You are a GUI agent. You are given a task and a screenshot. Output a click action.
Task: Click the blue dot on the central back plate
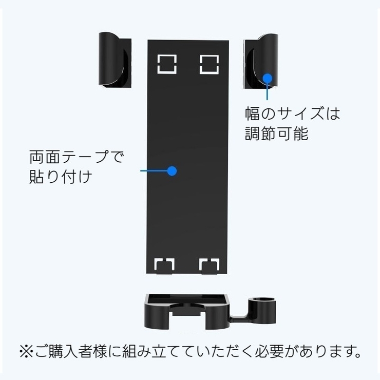click(x=172, y=171)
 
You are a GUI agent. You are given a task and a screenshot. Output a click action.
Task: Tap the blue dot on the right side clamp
click(x=268, y=78)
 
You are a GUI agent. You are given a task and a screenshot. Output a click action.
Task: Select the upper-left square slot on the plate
click(x=167, y=64)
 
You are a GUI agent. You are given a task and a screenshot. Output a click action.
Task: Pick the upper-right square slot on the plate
click(x=209, y=65)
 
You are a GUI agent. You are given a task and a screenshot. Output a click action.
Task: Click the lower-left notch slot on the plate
click(x=164, y=265)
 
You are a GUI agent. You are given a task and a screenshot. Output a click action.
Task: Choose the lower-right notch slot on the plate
click(x=209, y=265)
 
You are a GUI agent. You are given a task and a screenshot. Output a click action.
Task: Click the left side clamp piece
click(x=115, y=60)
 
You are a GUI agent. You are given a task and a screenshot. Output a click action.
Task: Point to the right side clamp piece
click(x=261, y=62)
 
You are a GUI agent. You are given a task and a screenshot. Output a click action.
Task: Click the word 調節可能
click(x=276, y=134)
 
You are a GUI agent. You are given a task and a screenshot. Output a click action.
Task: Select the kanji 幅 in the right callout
click(x=253, y=113)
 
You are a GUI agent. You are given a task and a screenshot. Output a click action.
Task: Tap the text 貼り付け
click(x=61, y=177)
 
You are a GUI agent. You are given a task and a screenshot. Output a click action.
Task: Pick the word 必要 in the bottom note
click(x=269, y=351)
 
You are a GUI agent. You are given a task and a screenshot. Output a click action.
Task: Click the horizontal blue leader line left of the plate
click(x=154, y=171)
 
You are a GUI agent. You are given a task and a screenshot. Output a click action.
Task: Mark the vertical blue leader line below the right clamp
click(x=267, y=91)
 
